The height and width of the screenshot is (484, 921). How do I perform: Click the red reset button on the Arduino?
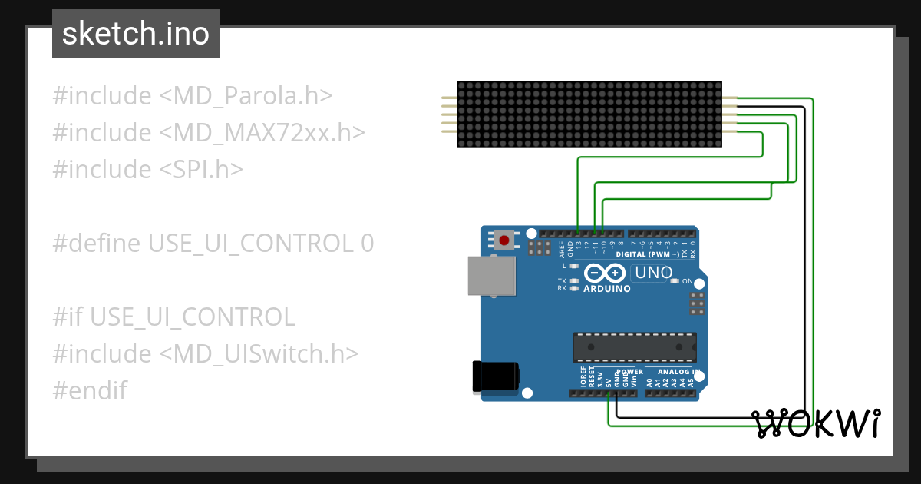(503, 240)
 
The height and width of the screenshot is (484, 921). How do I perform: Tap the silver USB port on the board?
(492, 276)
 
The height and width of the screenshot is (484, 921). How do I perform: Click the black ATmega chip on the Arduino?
(635, 347)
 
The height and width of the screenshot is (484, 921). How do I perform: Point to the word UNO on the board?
(654, 273)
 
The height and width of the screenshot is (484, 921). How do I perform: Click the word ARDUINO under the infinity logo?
(607, 289)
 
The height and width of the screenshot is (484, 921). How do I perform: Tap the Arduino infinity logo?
(606, 273)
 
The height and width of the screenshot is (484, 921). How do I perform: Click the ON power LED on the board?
(675, 281)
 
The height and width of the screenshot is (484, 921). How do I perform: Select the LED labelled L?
(574, 266)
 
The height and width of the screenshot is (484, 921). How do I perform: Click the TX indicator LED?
(574, 281)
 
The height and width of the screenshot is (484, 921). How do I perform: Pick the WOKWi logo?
(815, 423)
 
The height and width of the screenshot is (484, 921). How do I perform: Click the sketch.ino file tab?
(136, 34)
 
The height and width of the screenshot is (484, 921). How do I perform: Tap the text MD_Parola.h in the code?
(253, 96)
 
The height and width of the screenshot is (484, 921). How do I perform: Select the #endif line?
(90, 390)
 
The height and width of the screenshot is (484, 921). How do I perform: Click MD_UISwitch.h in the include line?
(266, 353)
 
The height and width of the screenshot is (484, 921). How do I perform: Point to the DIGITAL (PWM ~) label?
(648, 254)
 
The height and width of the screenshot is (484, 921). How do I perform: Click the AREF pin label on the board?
(562, 248)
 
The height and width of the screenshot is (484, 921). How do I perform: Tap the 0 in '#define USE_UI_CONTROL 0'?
(367, 243)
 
